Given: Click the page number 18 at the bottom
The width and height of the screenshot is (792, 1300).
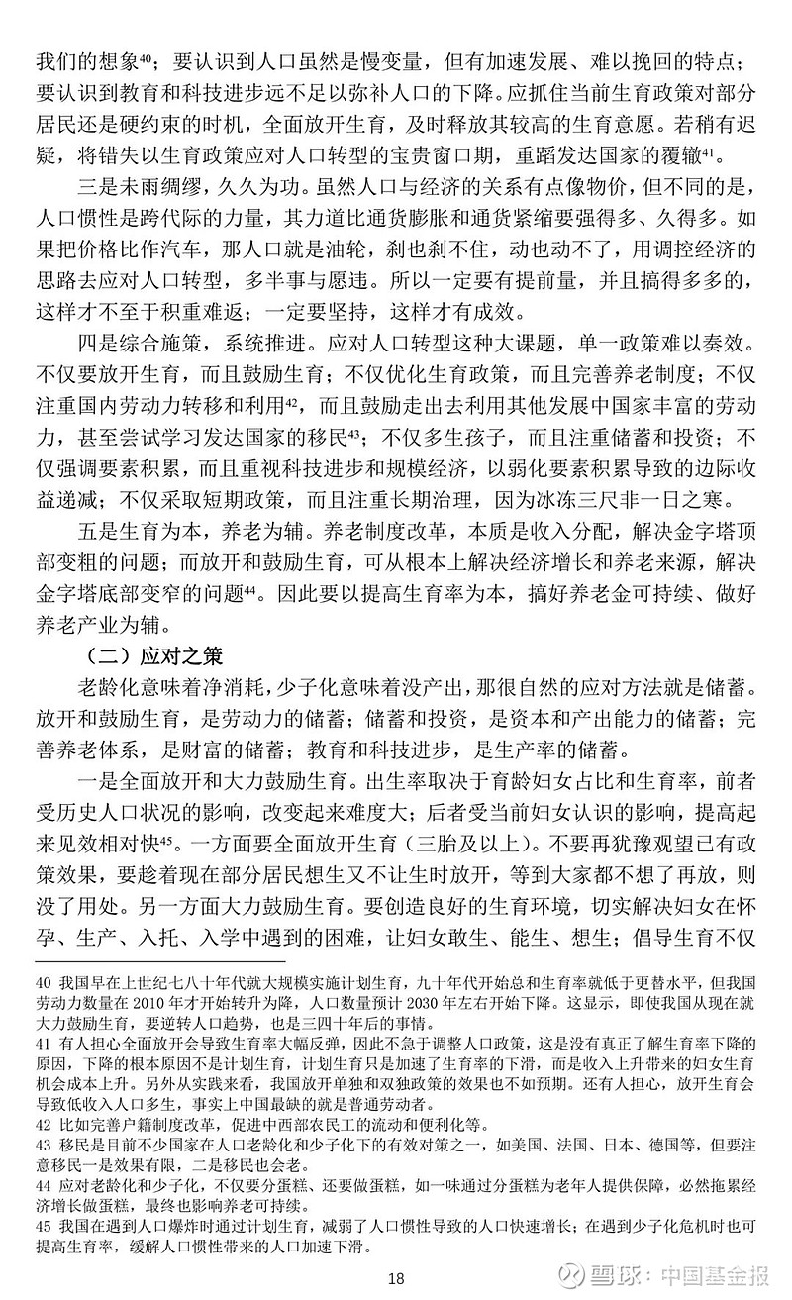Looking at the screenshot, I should coord(396,1277).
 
